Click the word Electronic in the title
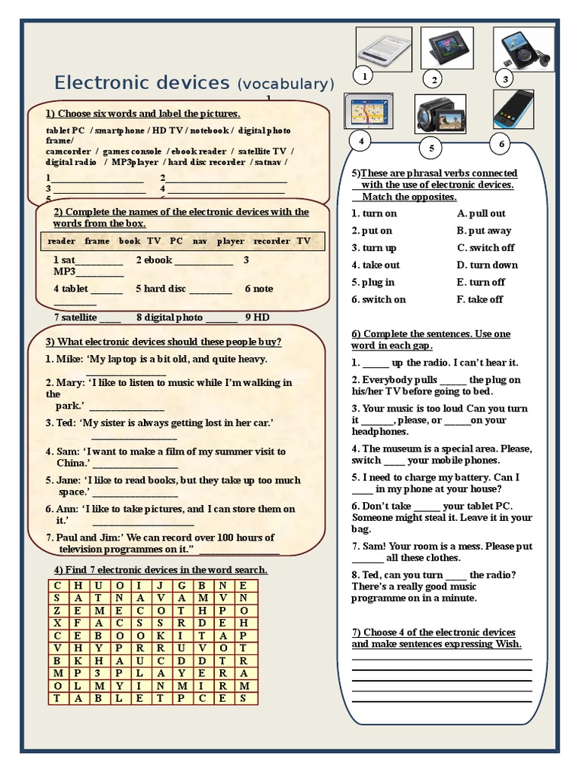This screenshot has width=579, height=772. [x=99, y=82]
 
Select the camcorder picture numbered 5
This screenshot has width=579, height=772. [x=440, y=115]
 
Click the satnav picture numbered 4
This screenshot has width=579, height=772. [x=368, y=112]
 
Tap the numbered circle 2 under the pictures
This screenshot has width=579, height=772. [x=433, y=79]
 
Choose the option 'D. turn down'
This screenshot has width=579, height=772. [x=487, y=265]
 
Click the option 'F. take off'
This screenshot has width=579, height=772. [x=480, y=299]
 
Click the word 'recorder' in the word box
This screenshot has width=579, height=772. [x=271, y=241]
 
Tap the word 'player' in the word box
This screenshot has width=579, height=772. [x=231, y=241]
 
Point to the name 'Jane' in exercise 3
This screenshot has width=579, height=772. [x=69, y=480]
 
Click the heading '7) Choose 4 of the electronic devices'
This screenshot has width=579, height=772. [x=433, y=632]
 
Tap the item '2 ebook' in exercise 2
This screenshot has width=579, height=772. [x=155, y=260]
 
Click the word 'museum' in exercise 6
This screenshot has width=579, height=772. [x=400, y=449]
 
